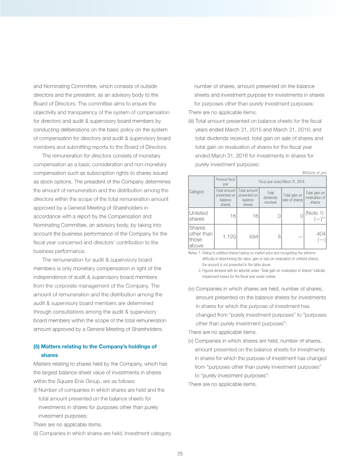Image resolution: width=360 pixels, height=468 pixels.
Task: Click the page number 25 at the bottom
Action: click(x=180, y=454)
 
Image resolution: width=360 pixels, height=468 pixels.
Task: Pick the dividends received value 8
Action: click(x=279, y=236)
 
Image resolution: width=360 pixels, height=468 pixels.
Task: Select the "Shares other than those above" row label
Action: click(x=200, y=236)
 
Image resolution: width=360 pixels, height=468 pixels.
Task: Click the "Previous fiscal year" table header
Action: click(x=225, y=181)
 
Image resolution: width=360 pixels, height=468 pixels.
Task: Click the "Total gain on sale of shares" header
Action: click(x=292, y=197)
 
